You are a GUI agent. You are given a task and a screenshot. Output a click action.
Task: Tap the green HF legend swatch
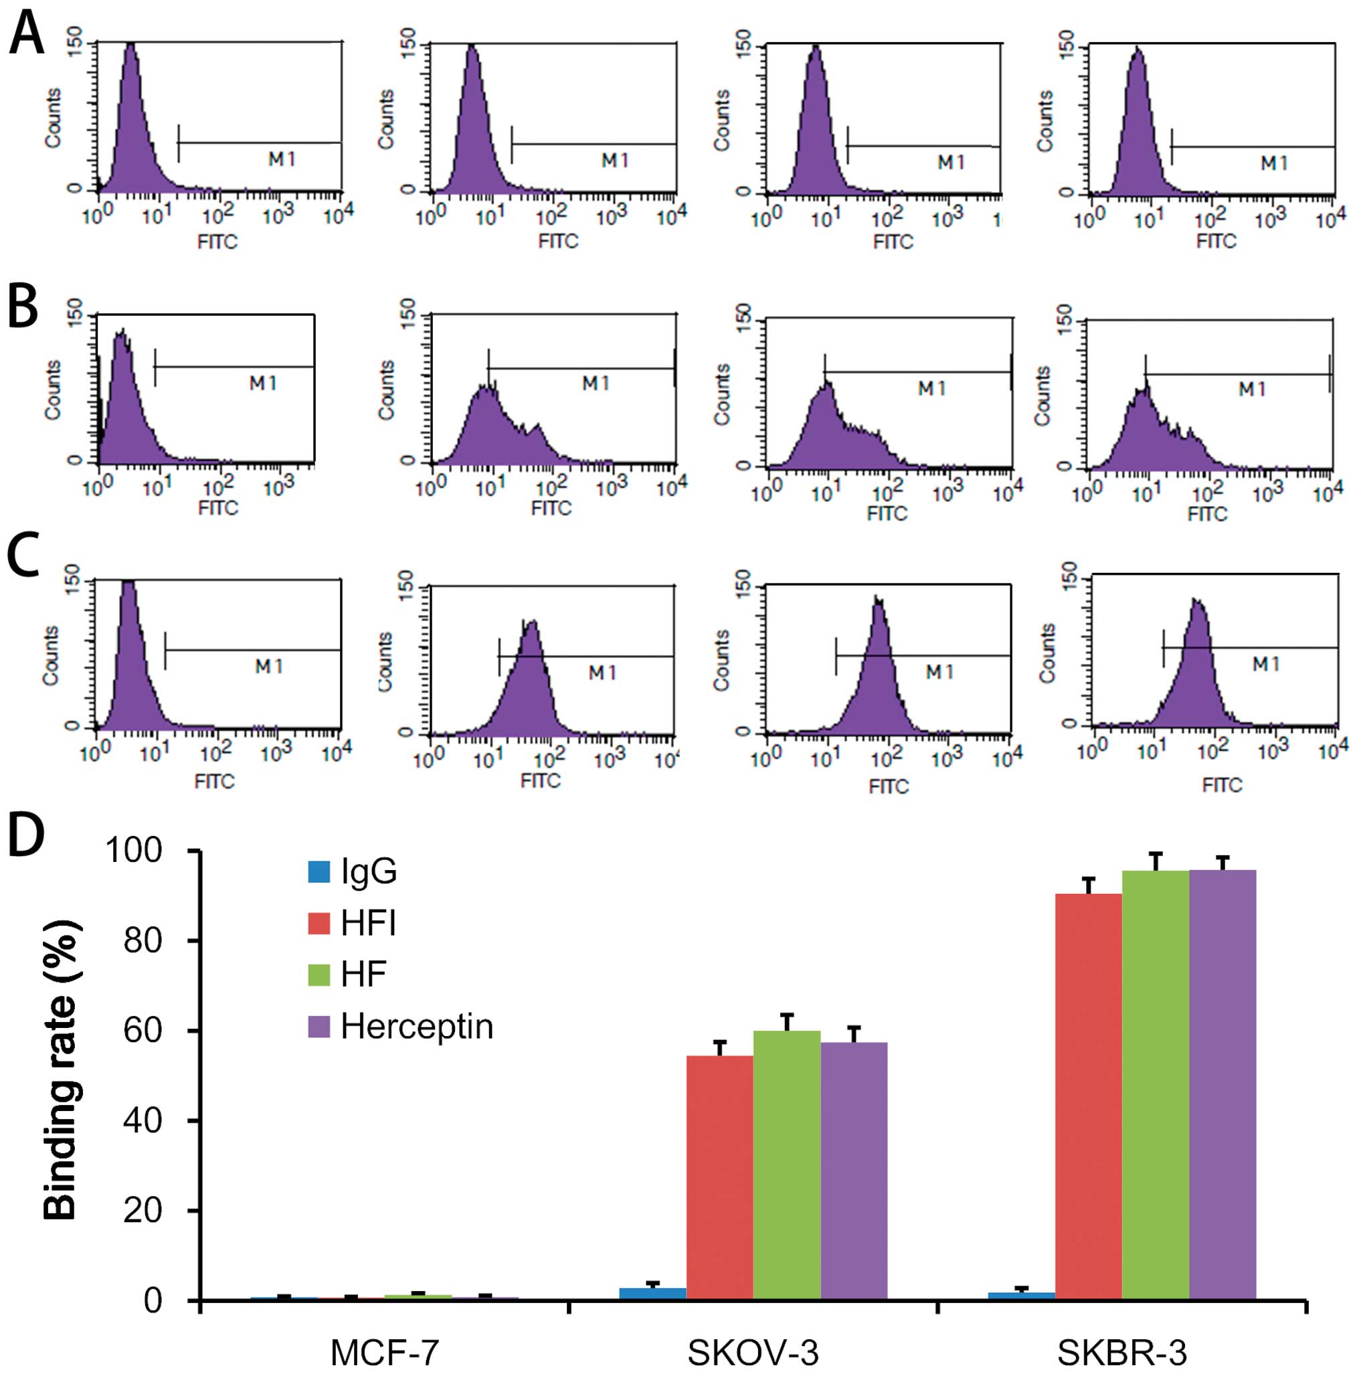tap(319, 974)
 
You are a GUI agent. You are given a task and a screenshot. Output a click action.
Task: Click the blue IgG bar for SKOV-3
tap(652, 1294)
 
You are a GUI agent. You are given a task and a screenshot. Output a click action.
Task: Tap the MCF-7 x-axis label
tap(385, 1351)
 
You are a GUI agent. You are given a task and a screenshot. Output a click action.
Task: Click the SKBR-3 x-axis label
tap(1122, 1351)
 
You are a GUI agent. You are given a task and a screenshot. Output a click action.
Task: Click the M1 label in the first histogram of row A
tap(282, 159)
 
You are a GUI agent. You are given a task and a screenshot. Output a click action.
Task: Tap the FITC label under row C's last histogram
tap(1222, 784)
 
